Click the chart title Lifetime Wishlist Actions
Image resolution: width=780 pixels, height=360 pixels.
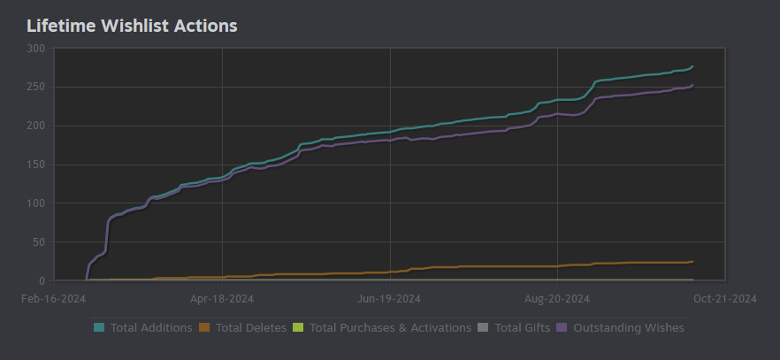132,26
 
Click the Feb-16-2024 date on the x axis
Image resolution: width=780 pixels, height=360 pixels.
53,299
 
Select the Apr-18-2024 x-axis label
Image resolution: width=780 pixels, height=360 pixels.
222,299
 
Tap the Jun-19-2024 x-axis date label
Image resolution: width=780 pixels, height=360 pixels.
390,299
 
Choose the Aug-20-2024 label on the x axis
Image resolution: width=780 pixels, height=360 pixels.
558,299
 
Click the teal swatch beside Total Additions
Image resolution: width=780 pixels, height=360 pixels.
99,328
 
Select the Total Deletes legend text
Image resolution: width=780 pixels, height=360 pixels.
251,328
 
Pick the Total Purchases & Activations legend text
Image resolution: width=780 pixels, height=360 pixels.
391,328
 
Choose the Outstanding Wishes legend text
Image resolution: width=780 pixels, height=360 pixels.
629,328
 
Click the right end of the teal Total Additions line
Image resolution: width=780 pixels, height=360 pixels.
692,66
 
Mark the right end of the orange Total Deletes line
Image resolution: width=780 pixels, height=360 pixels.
692,262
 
